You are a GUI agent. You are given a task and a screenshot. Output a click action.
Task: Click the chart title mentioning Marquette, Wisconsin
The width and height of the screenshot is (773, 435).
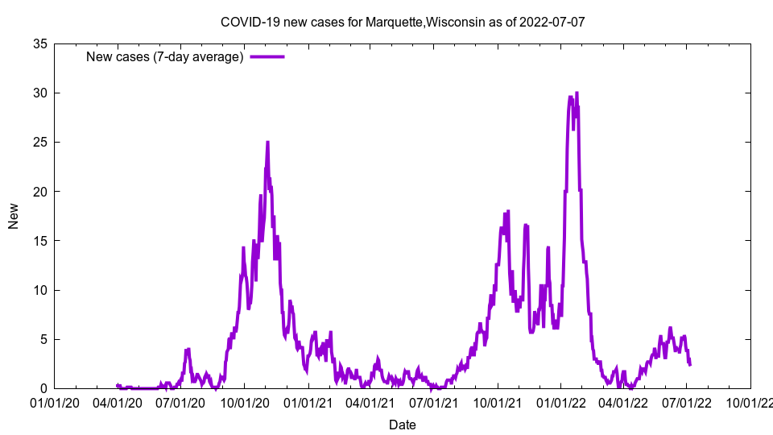click(403, 22)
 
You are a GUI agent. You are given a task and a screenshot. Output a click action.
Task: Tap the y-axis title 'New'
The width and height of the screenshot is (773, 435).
click(14, 216)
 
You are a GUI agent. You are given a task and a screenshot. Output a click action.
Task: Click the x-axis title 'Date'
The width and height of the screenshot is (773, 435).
click(403, 425)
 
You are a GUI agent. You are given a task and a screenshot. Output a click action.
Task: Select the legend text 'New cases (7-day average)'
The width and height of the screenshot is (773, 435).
click(165, 56)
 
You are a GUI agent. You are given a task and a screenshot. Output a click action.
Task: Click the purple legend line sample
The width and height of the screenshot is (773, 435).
click(267, 56)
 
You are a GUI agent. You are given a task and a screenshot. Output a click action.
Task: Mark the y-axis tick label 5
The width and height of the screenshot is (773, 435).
click(45, 339)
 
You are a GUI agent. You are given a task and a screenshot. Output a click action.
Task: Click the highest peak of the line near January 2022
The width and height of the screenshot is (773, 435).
click(577, 93)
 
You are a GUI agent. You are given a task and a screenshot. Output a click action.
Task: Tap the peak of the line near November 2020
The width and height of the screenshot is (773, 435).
click(267, 143)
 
